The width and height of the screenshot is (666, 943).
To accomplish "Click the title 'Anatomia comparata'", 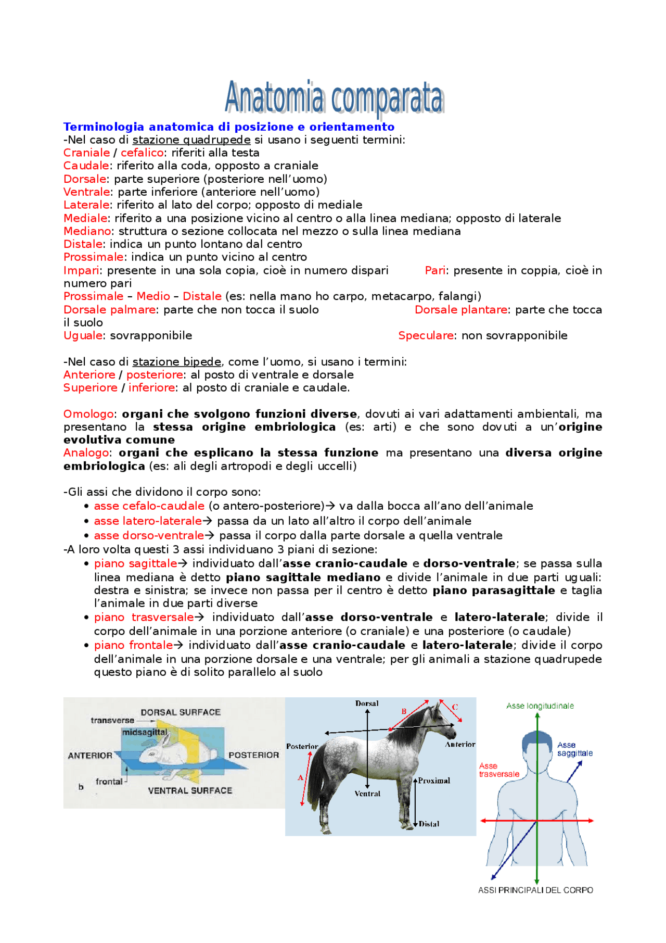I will click(334, 98).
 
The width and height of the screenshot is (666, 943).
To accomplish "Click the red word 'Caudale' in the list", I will click(86, 166).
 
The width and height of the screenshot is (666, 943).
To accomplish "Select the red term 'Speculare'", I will click(426, 335).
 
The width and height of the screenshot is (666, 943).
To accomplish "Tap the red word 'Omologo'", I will click(88, 414).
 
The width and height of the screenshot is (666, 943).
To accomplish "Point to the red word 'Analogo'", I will click(86, 452).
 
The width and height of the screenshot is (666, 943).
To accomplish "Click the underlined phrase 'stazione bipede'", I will click(176, 361).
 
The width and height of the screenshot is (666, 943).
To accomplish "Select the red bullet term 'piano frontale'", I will click(133, 645).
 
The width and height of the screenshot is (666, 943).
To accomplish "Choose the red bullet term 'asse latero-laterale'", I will click(148, 521).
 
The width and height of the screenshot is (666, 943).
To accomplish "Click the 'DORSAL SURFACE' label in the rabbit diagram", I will click(180, 712).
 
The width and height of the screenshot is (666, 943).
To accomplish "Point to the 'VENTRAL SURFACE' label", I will click(190, 790).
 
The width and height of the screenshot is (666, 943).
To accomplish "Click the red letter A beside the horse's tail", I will click(300, 777).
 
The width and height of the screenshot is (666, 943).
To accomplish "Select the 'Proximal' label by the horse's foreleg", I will click(434, 781).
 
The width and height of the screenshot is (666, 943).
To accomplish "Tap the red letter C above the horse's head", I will click(455, 707).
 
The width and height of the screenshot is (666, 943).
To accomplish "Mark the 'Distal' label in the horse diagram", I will click(429, 824).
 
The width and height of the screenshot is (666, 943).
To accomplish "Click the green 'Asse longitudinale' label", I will click(540, 706).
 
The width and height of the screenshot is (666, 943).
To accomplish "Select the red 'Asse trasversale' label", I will click(498, 770).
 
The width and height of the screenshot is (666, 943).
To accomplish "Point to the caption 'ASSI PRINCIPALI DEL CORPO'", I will click(535, 890).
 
